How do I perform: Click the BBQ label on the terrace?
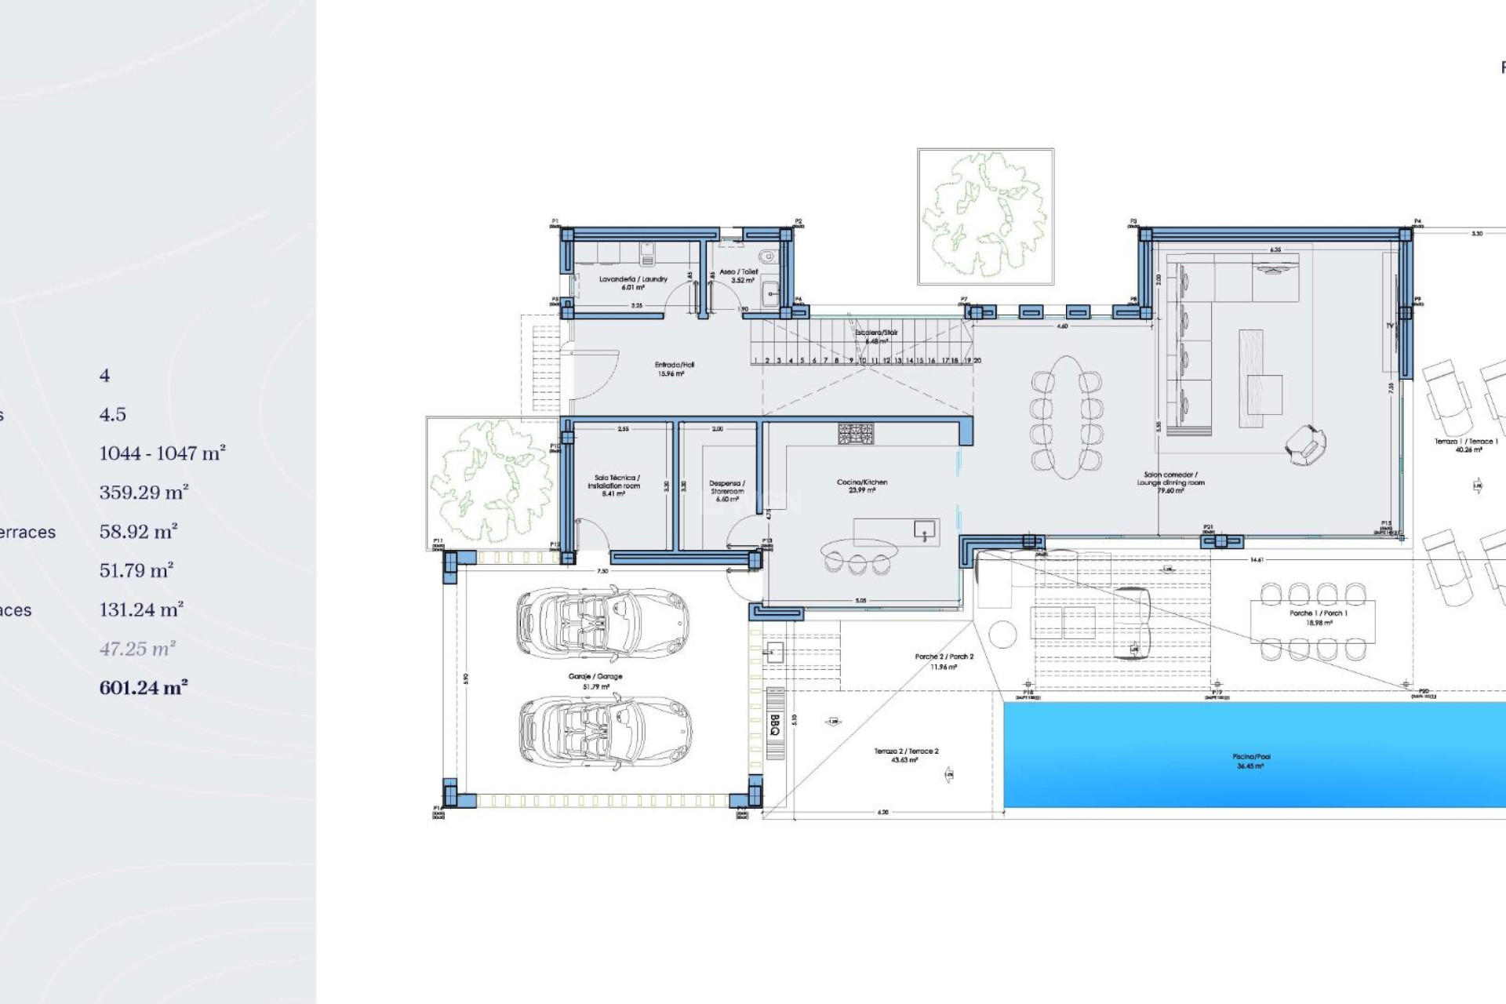point(775,724)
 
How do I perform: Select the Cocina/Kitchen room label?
point(862,486)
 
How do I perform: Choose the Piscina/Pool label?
point(1251,761)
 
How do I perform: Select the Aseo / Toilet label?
point(739,275)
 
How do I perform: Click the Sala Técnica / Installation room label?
point(616,485)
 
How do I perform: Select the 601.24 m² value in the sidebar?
point(144,688)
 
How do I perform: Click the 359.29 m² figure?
point(144,493)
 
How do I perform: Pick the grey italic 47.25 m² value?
point(137,649)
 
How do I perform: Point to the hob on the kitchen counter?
point(856,434)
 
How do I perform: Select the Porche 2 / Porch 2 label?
point(944,660)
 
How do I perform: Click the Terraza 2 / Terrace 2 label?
point(906,755)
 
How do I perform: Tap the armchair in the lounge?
point(1305,445)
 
